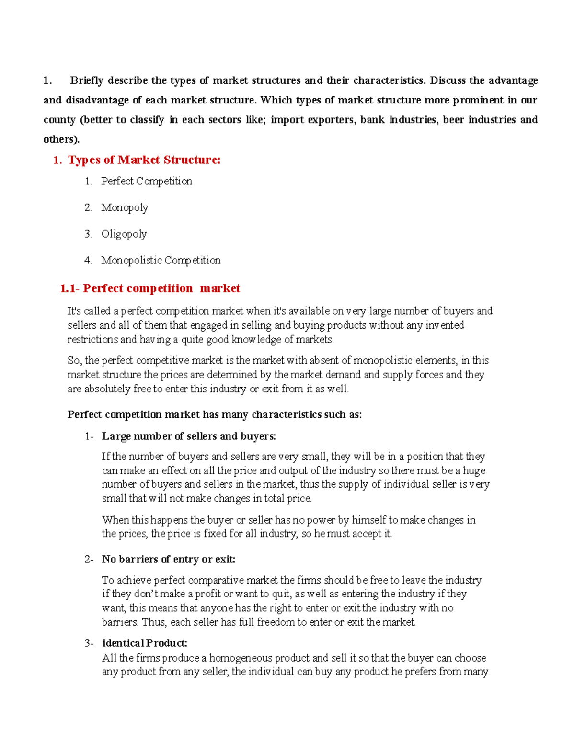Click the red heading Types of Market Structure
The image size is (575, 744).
[144, 160]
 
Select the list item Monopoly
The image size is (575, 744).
[124, 208]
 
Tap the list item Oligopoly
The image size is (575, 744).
[124, 234]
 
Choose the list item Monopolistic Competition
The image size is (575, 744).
[161, 261]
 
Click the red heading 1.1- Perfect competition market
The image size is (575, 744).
[150, 288]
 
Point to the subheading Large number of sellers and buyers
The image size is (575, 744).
[189, 436]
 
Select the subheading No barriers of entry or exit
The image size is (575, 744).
[168, 560]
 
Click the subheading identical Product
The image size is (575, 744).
[144, 643]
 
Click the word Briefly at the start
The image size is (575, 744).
[87, 80]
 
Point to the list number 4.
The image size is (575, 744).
[88, 261]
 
